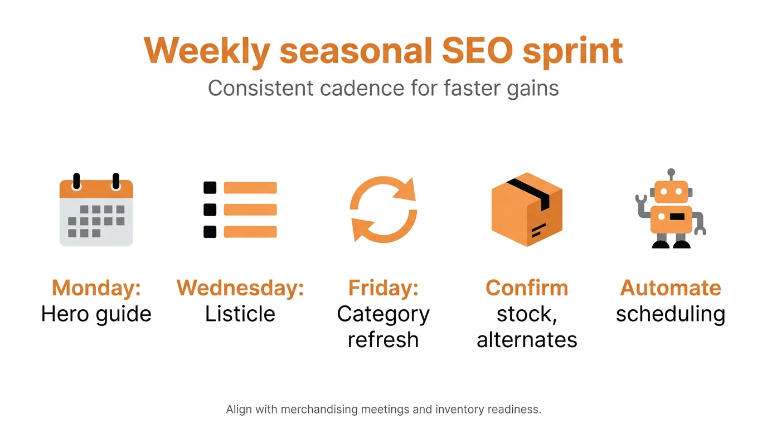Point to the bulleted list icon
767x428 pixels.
[x=240, y=210]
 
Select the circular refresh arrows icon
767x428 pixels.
[x=384, y=210]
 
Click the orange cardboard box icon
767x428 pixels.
[x=527, y=210]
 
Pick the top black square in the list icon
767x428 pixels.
[x=210, y=188]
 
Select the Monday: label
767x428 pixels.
[x=96, y=288]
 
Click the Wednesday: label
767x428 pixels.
[x=240, y=288]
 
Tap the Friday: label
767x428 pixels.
[x=384, y=288]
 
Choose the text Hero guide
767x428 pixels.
[x=96, y=314]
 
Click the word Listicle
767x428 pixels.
[x=240, y=314]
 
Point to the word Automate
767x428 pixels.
[x=671, y=288]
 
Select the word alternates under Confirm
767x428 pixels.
[x=527, y=339]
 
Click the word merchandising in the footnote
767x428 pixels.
[x=319, y=410]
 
